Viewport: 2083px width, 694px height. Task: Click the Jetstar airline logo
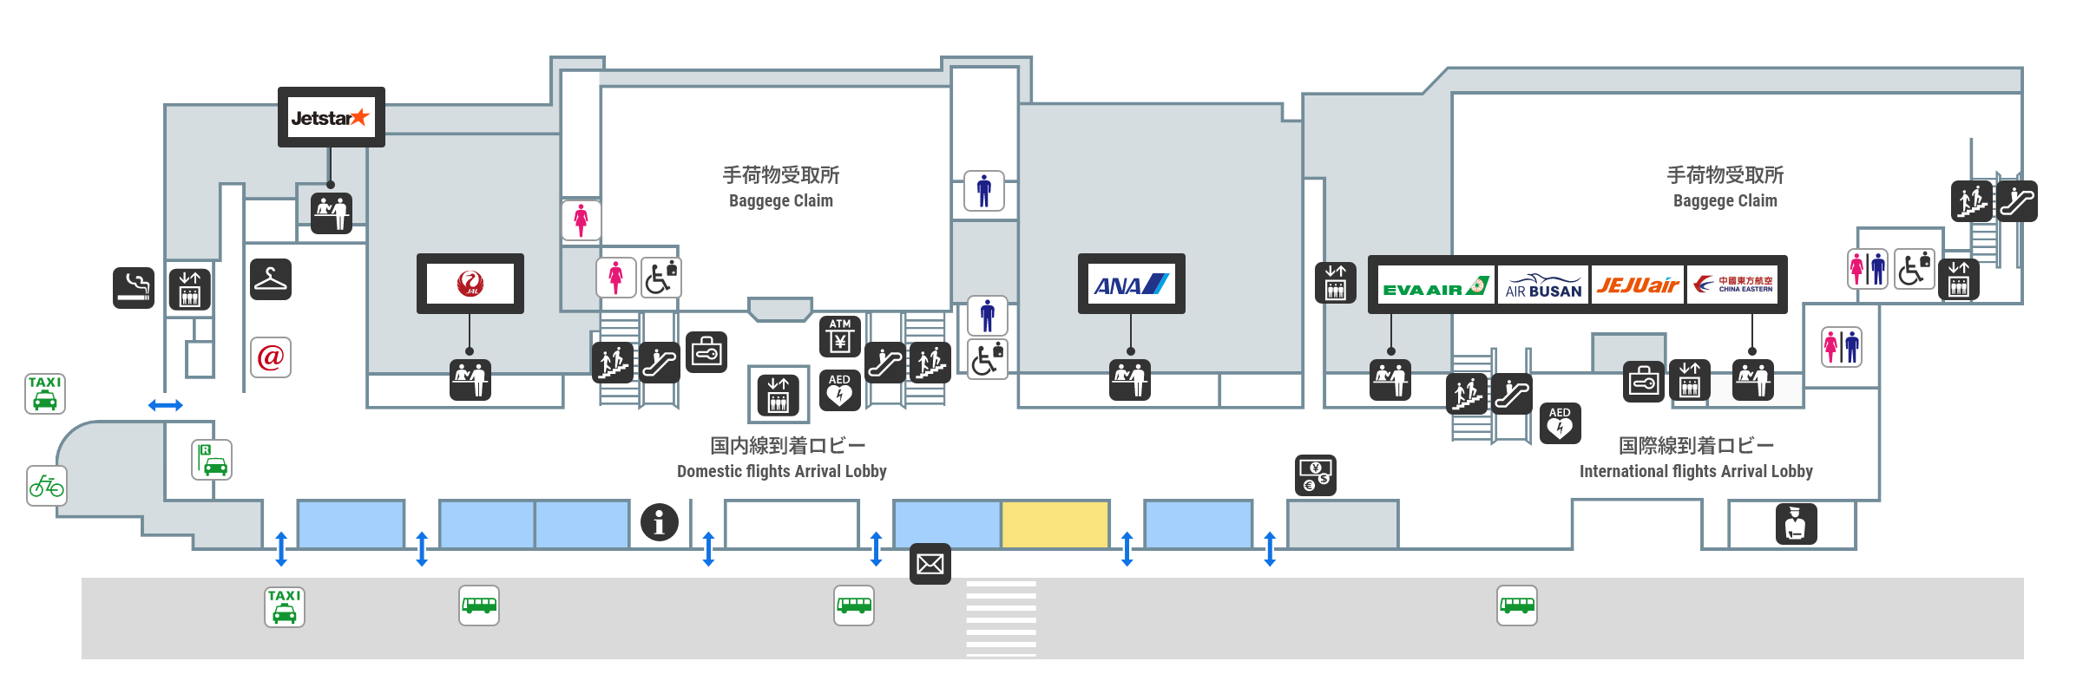point(331,118)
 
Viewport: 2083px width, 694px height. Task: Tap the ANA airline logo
point(1131,285)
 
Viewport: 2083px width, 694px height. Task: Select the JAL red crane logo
point(470,284)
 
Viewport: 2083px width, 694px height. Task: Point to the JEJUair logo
point(1638,285)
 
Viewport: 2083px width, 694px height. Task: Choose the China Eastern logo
point(1733,285)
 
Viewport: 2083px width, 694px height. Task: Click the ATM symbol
point(839,336)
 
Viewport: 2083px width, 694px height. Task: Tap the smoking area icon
point(134,287)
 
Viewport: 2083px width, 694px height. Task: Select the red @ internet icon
point(271,357)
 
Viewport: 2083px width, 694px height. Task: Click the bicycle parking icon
point(47,486)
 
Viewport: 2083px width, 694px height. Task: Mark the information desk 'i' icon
point(659,522)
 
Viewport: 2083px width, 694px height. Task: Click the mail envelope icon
point(930,565)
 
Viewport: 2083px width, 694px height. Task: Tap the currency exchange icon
point(1315,475)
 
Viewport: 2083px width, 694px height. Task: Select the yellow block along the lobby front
point(1055,524)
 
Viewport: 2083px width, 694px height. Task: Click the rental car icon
point(212,460)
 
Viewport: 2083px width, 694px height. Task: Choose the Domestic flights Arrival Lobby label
point(782,458)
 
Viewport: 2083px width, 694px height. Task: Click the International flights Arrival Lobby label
point(1696,458)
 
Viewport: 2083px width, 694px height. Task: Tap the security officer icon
point(1796,524)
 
